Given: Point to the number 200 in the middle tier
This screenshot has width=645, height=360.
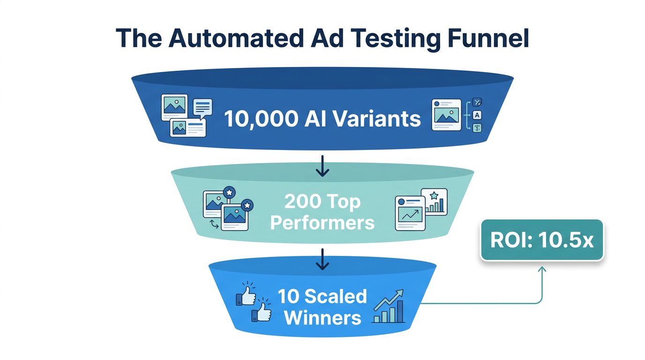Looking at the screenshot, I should point(301,202).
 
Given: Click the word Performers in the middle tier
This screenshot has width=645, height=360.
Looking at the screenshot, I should point(322,223).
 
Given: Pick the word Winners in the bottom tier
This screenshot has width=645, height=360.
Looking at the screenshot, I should point(322,318).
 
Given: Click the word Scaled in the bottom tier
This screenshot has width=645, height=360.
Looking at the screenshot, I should point(335,296).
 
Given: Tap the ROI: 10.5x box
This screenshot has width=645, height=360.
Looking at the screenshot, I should point(542,240).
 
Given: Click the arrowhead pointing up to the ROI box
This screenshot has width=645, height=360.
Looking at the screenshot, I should point(542,269).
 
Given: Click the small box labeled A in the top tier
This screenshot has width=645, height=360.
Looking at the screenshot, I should point(477,115).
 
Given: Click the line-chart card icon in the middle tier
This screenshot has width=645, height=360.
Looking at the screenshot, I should point(410,213).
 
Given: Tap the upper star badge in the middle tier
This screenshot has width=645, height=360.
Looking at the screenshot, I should point(229,192).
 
